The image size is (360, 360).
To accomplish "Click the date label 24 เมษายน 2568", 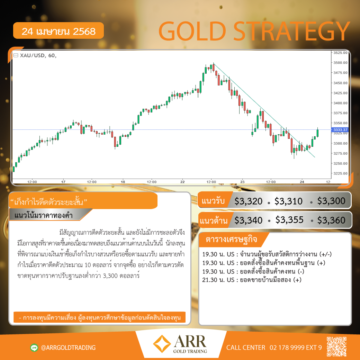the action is tap(58, 31).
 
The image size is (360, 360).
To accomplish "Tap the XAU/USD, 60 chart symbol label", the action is tap(38, 55).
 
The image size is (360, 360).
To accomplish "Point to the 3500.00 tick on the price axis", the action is tap(340, 63).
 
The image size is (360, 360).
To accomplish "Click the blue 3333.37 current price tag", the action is tap(340, 130).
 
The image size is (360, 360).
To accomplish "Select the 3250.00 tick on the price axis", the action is tap(340, 163).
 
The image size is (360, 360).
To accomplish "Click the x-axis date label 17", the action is tap(63, 182).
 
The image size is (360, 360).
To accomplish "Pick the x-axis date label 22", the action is tap(182, 182).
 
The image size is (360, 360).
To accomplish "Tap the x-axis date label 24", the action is tap(302, 182).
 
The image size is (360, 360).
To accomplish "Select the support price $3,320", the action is tap(248, 201).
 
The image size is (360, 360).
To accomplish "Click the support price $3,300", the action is tap(331, 201).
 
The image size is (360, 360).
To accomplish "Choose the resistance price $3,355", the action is tap(289, 220).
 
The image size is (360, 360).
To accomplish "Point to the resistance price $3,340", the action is tap(248, 220).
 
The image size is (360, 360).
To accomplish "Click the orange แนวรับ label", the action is tap(213, 200).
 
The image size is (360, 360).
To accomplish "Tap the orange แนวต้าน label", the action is tap(214, 220).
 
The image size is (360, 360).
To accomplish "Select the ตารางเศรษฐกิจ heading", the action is tap(231, 239).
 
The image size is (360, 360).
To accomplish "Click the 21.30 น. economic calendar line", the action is tap(252, 280).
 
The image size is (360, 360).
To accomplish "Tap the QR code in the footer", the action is tap(336, 346).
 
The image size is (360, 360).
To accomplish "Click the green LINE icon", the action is tap(34, 348).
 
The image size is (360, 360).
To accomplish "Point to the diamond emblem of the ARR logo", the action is tap(162, 344).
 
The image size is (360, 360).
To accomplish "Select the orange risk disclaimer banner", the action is tap(99, 317).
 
